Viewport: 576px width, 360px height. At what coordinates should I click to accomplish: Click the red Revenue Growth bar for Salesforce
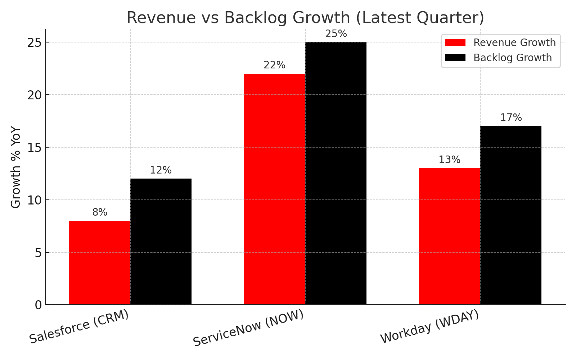tap(100, 263)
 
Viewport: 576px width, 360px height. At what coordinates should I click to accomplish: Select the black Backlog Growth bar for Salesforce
tap(161, 242)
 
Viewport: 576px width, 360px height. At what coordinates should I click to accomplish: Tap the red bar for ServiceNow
tap(275, 189)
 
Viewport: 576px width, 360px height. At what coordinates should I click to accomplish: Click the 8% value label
tap(100, 212)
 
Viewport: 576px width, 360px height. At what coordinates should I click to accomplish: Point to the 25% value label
tap(336, 34)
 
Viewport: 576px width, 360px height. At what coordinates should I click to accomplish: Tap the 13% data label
tap(449, 160)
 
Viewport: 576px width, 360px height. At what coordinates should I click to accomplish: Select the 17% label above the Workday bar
tap(511, 118)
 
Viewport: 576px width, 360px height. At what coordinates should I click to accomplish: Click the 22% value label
tap(274, 65)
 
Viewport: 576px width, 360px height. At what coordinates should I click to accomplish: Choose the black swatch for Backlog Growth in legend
tap(455, 58)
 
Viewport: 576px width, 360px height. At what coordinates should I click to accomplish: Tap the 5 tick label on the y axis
tap(39, 253)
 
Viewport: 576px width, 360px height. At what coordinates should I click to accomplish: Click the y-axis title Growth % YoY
tap(16, 167)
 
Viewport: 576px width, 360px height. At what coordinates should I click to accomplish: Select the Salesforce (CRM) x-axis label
tap(79, 327)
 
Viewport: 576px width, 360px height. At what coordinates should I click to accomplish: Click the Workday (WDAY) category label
tap(429, 327)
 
